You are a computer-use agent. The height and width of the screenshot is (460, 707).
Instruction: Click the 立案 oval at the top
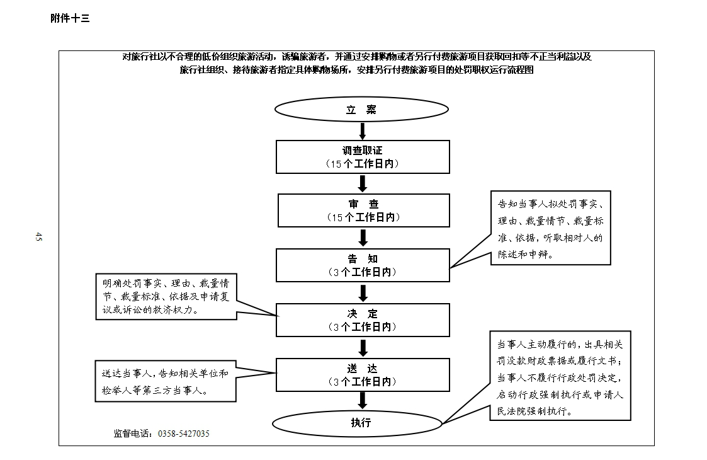click(361, 109)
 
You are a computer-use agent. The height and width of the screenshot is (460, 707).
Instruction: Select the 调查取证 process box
click(363, 157)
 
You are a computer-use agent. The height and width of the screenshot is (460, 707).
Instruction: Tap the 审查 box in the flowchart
click(363, 210)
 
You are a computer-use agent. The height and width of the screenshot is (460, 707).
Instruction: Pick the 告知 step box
click(363, 265)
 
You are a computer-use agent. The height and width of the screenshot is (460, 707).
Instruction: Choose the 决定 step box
click(363, 320)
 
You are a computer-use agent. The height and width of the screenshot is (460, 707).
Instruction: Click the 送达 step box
click(363, 375)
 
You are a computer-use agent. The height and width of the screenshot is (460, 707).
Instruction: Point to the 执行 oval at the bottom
click(358, 423)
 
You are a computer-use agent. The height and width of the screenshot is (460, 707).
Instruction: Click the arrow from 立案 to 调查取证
click(362, 131)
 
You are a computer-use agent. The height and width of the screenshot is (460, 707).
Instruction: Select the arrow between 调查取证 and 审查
click(363, 184)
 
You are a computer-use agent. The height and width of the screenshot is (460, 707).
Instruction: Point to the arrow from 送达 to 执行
click(363, 401)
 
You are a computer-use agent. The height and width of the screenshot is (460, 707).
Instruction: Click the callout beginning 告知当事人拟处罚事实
click(550, 228)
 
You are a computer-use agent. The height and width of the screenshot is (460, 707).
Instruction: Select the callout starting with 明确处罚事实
click(166, 297)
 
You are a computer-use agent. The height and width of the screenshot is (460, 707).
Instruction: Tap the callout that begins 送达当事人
click(166, 381)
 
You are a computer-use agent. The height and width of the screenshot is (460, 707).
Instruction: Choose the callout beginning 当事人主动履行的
click(560, 376)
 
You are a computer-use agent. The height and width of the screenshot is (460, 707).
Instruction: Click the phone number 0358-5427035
click(183, 434)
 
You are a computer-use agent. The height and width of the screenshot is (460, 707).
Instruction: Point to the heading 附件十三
click(70, 18)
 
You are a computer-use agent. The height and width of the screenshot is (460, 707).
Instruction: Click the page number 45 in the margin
click(38, 236)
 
